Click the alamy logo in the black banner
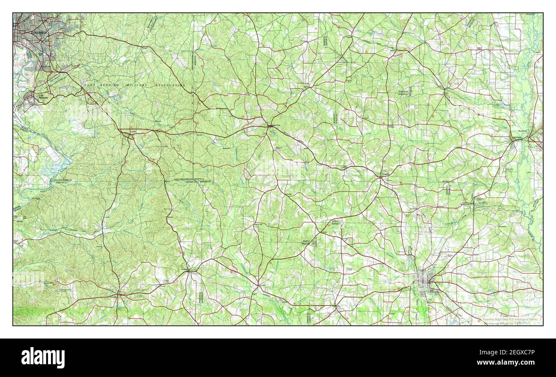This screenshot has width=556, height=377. (x=43, y=357)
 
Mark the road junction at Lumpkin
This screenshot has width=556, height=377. (x=118, y=294)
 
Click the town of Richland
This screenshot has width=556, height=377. (x=188, y=270)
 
